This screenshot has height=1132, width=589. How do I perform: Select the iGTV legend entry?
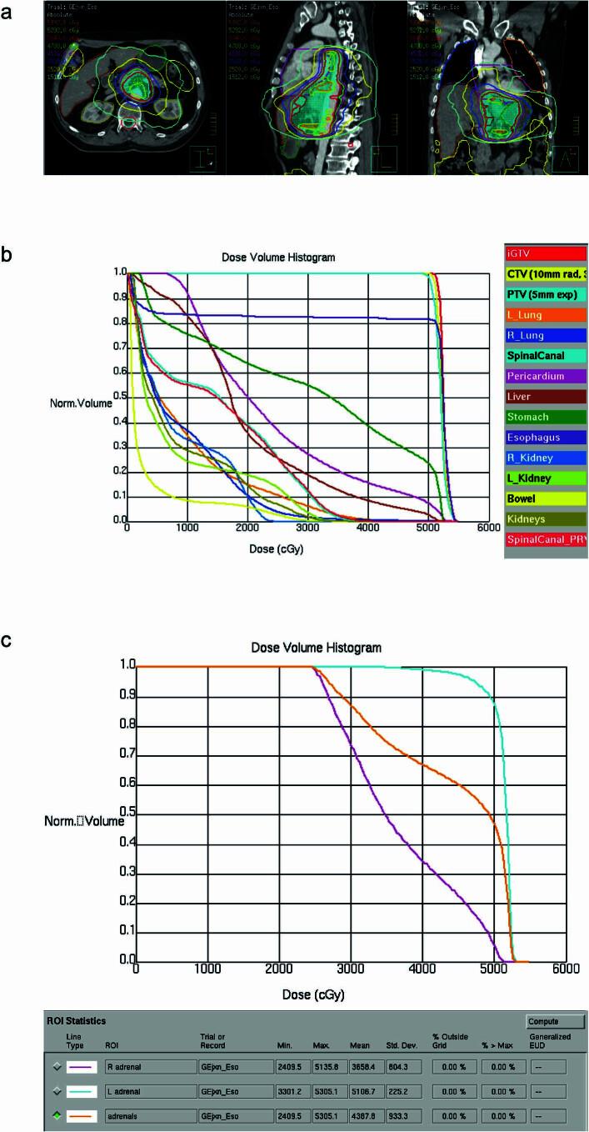coord(545,252)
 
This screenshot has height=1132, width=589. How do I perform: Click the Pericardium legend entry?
coord(545,375)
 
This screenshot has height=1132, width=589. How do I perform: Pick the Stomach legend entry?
coord(545,417)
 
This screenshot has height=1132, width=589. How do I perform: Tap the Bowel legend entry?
coord(545,498)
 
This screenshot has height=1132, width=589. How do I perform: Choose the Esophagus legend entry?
coord(545,437)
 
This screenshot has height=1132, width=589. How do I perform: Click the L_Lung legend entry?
coord(545,314)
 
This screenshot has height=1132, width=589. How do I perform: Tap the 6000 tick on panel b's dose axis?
coord(490,528)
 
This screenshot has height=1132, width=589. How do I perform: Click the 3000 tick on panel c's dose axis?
coord(351,969)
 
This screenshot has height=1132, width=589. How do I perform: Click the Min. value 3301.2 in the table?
coord(292,1091)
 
